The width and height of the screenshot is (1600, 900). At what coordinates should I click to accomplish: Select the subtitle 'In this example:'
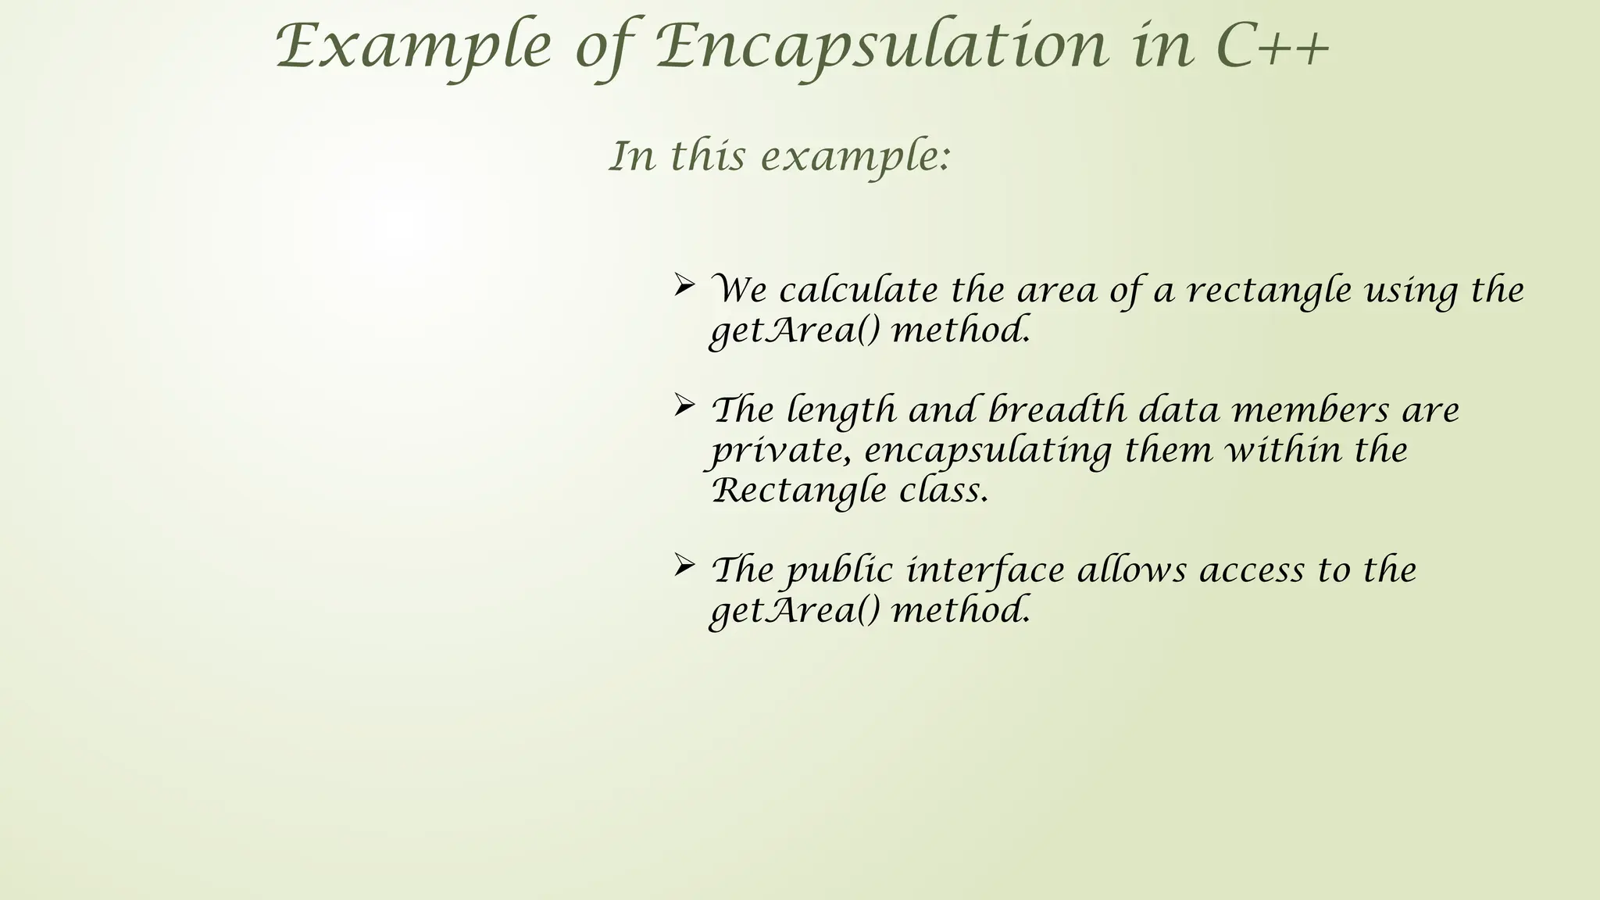coord(780,155)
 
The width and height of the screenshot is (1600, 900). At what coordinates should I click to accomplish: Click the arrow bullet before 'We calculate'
coord(684,285)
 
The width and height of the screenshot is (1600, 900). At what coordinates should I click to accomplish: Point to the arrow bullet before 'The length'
coord(684,405)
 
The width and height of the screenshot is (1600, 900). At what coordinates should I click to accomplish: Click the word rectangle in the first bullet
coord(1269,291)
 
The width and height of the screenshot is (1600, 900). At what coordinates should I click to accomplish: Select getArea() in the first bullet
coord(794,330)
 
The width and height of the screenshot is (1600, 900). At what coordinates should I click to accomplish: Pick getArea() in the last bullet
coord(794,610)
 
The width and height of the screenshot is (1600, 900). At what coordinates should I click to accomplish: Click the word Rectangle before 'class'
coord(799,491)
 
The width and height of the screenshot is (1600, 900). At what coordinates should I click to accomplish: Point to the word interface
coord(984,570)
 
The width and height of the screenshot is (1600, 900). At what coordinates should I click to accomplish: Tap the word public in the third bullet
coord(840,571)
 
